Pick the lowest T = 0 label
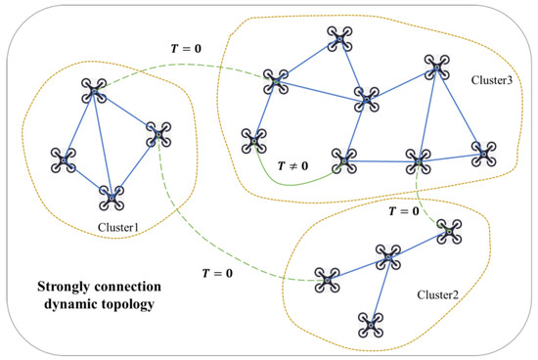coord(215,272)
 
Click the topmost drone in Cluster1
coord(95,93)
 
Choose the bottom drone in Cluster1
coord(112,200)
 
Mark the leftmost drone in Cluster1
coord(65,157)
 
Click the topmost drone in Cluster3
coord(338,38)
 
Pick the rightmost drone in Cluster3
coord(482,152)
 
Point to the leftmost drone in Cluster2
coord(327,280)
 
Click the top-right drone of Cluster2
coord(449,231)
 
